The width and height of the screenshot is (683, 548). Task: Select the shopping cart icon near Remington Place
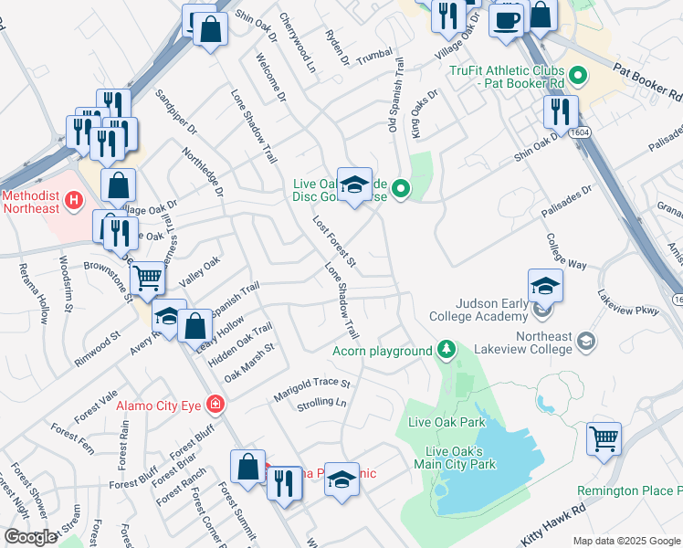pyautogui.click(x=604, y=440)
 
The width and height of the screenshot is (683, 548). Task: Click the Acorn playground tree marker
pyautogui.click(x=446, y=350)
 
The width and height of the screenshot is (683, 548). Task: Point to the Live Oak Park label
pyautogui.click(x=447, y=422)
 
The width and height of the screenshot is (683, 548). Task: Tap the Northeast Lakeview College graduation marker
pyautogui.click(x=584, y=342)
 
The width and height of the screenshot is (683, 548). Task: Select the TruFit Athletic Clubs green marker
pyautogui.click(x=576, y=75)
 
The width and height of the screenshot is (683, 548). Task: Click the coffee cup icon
pyautogui.click(x=506, y=19)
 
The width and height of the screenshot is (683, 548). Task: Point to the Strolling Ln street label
pyautogui.click(x=322, y=403)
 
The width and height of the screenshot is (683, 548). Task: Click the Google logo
pyautogui.click(x=30, y=537)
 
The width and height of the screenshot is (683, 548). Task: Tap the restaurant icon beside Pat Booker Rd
pyautogui.click(x=560, y=111)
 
